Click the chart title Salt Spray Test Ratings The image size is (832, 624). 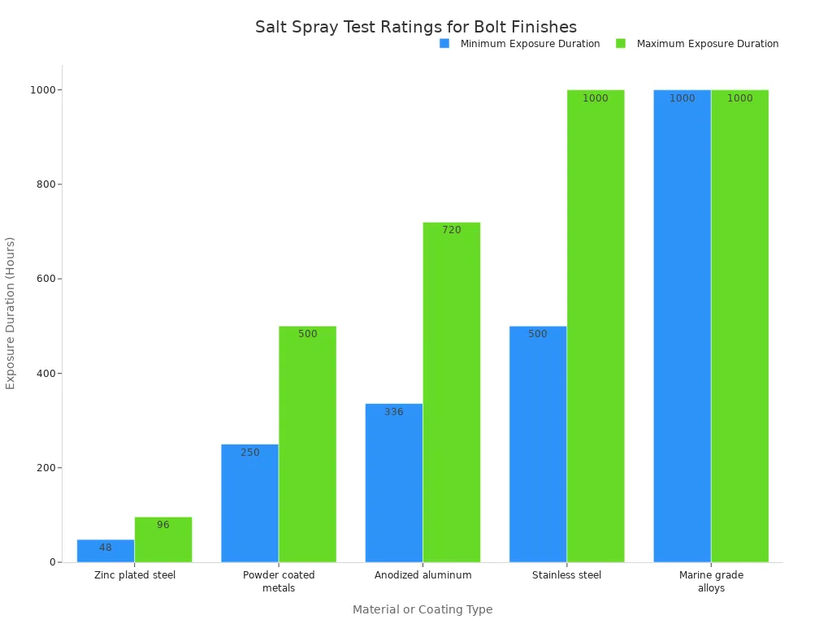click(x=416, y=27)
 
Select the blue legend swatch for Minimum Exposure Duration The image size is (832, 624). click(x=444, y=43)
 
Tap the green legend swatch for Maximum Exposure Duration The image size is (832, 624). click(x=621, y=43)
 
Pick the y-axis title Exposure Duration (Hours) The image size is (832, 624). click(x=11, y=313)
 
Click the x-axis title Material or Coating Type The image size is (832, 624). click(x=422, y=609)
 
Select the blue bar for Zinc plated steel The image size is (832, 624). click(x=106, y=551)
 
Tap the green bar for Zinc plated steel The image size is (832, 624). click(x=163, y=539)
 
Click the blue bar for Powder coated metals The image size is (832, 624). click(x=249, y=503)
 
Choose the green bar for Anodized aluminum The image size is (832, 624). click(x=451, y=392)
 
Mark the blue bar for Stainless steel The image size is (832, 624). click(x=538, y=444)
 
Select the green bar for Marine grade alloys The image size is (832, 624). click(x=739, y=326)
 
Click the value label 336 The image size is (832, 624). click(x=394, y=412)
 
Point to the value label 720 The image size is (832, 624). click(x=452, y=230)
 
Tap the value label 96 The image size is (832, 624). click(x=163, y=525)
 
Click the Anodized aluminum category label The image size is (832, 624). click(x=422, y=575)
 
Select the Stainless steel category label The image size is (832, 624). click(x=567, y=575)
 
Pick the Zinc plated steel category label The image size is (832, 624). click(x=135, y=575)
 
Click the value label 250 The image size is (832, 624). click(x=250, y=453)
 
